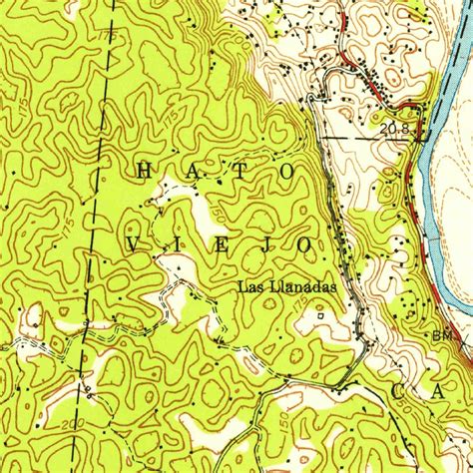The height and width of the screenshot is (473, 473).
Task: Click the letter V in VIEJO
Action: pyautogui.click(x=138, y=243)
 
